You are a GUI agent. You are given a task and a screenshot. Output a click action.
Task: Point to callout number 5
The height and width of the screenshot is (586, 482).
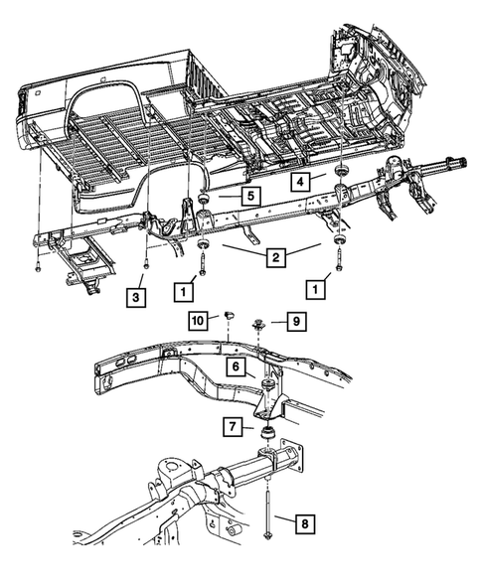pyautogui.click(x=250, y=197)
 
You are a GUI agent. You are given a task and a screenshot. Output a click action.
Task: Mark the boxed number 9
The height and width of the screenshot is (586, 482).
pyautogui.click(x=295, y=320)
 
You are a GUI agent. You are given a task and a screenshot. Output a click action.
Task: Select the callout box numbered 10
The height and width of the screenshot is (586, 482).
pyautogui.click(x=198, y=320)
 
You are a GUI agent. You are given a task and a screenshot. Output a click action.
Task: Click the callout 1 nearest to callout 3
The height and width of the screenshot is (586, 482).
pyautogui.click(x=184, y=291)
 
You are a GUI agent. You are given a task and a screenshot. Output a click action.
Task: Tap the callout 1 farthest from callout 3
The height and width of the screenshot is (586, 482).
pyautogui.click(x=317, y=291)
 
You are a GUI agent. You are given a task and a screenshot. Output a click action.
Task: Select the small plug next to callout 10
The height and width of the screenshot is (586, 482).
pyautogui.click(x=227, y=316)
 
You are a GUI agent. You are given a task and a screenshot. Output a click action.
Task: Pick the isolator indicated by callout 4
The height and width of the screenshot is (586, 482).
pyautogui.click(x=341, y=176)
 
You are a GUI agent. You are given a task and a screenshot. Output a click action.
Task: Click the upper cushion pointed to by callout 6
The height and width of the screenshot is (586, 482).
pyautogui.click(x=267, y=384)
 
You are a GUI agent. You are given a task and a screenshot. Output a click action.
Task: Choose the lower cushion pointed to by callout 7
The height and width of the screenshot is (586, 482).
pyautogui.click(x=267, y=432)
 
